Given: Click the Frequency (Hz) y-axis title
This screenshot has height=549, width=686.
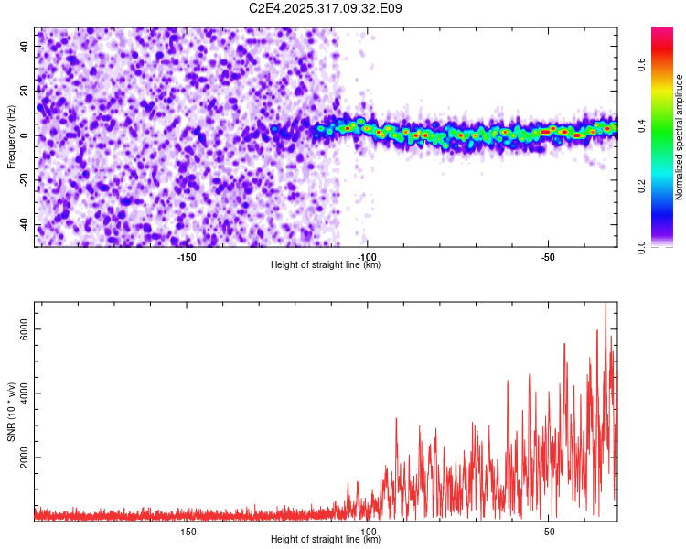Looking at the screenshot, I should tap(11, 135).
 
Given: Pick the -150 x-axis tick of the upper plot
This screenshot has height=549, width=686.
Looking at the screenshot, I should tap(186, 257).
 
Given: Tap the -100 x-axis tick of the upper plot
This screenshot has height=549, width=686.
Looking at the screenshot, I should tap(367, 257).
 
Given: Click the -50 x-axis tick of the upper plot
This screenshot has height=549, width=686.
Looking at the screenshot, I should tap(547, 257).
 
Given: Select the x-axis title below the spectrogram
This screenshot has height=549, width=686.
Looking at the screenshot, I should tap(326, 265).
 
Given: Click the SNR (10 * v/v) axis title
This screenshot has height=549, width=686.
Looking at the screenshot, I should tap(11, 412).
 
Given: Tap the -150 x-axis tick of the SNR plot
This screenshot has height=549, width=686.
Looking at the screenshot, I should tap(186, 532).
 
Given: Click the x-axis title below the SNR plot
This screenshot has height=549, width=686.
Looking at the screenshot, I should tap(326, 540).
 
